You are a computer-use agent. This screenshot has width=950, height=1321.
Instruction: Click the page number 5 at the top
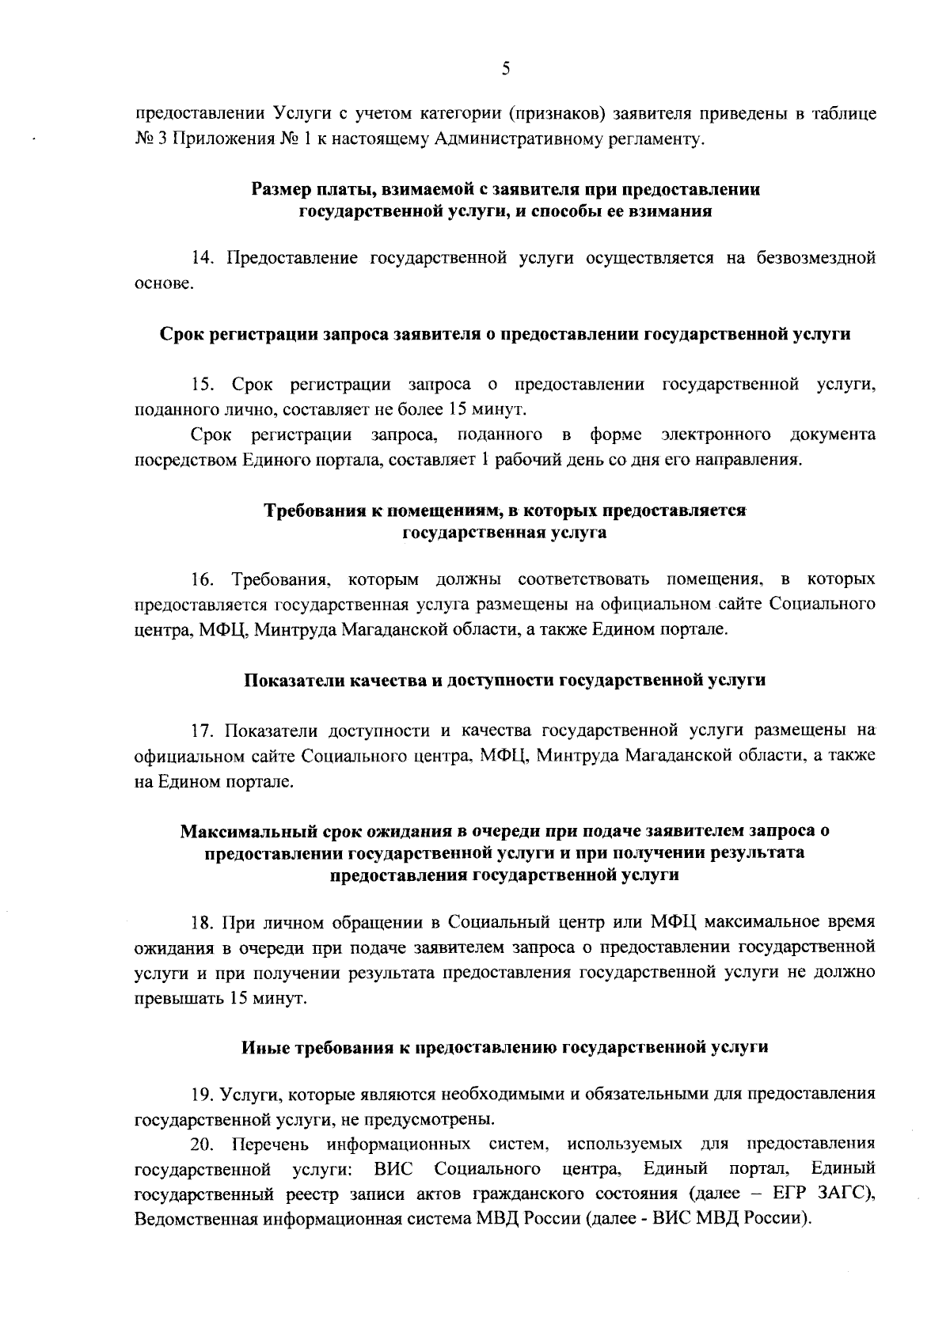505,69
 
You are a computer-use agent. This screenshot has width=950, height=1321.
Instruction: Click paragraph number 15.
202,385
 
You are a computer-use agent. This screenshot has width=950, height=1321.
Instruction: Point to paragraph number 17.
202,730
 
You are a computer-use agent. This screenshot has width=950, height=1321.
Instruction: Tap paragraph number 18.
202,922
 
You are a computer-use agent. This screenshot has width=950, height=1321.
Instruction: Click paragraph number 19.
202,1095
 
